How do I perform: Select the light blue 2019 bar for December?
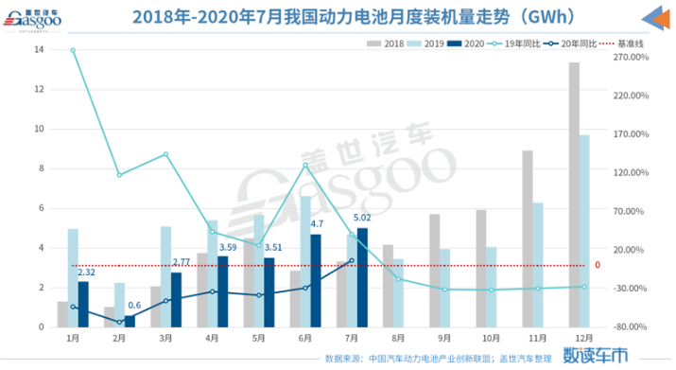pos(584,231)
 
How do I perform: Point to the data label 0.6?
pos(135,305)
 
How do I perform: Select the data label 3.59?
pos(227,247)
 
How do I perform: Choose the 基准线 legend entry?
pos(619,44)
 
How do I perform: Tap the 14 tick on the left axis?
pos(41,49)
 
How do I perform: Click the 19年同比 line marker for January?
pos(73,50)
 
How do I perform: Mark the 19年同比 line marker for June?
pos(305,166)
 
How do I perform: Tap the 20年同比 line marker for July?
pos(352,261)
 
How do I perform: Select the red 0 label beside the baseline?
pos(597,265)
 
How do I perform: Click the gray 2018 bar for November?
pos(528,238)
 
